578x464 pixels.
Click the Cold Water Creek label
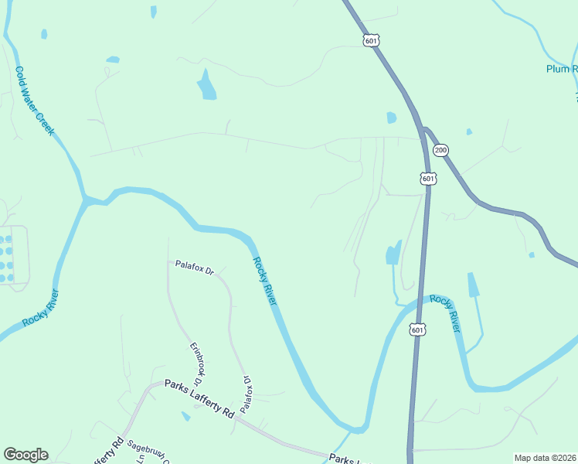click(35, 101)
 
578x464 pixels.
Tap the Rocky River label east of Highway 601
click(446, 313)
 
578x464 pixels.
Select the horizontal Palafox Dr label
click(193, 268)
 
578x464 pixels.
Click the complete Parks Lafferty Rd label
click(199, 398)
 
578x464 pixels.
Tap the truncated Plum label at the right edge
click(562, 69)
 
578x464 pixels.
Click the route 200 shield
click(441, 150)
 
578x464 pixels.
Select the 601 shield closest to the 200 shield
click(429, 179)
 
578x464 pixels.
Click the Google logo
click(25, 454)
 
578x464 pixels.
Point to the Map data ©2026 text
click(544, 457)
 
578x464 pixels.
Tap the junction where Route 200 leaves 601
click(423, 130)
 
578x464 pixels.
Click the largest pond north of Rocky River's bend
click(206, 86)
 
